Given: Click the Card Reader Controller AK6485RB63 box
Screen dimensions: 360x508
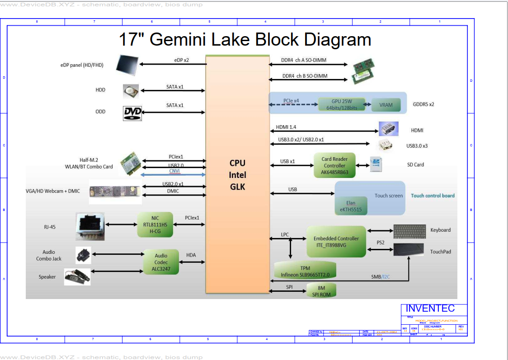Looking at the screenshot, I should click(334, 165).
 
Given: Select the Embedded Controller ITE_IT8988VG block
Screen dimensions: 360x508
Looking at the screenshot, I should click(336, 242).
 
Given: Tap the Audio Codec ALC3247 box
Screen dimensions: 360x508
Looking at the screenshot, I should click(161, 262).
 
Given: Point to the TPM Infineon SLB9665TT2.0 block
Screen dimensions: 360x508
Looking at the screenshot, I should click(305, 271).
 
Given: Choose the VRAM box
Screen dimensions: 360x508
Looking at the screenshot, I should click(386, 105).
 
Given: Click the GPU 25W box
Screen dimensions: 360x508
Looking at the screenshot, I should click(341, 105).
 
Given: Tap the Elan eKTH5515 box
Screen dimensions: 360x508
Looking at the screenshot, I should click(351, 206).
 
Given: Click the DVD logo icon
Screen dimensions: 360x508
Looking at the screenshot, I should click(132, 113).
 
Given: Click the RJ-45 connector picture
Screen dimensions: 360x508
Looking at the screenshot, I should click(90, 226).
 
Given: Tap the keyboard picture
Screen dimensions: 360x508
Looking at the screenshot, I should click(409, 231).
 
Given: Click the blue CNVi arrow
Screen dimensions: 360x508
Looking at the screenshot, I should click(174, 175).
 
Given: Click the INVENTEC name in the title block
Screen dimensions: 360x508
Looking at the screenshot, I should click(430, 309).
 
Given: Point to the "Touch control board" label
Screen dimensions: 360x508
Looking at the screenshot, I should click(433, 196).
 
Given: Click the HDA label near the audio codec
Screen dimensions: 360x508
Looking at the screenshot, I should click(191, 255).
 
